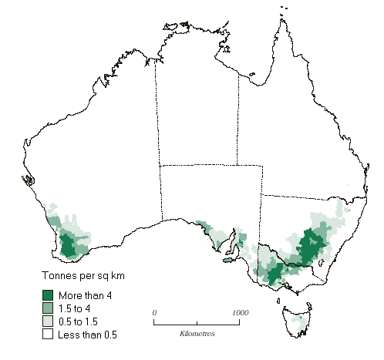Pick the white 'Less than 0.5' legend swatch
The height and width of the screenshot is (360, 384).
(x=47, y=335)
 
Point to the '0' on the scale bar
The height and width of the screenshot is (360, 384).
(x=155, y=312)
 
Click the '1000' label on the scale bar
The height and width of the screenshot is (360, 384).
(x=239, y=312)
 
